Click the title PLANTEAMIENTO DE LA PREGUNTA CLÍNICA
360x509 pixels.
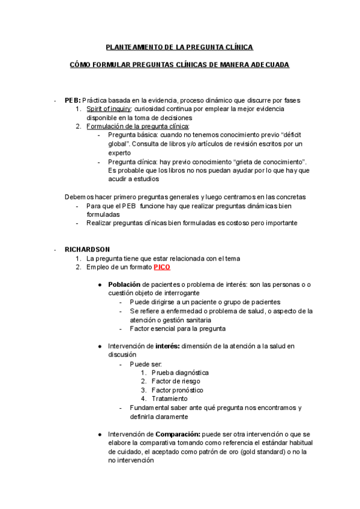(179, 47)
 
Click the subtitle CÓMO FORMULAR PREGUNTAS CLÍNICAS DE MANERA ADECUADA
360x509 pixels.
(179, 64)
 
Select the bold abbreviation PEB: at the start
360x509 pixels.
(73, 100)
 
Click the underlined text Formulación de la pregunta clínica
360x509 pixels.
(137, 127)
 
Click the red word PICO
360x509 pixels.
(163, 267)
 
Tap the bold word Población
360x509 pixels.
(125, 284)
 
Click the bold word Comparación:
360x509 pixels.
(179, 434)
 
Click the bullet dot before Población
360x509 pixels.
(100, 284)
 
